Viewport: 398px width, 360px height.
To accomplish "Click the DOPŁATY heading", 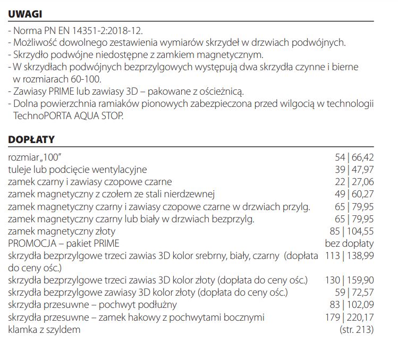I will point(31,139).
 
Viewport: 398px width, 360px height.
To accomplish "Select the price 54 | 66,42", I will point(353,157).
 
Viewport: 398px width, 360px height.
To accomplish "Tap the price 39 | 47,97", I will point(353,170).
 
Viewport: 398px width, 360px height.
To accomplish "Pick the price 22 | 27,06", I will point(353,182).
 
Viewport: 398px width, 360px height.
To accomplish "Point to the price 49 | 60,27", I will point(353,194).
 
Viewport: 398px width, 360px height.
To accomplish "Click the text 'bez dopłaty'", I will point(349,244).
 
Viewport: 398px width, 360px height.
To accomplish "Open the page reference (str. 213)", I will point(356,330).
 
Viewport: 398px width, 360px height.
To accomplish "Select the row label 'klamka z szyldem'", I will point(44,330).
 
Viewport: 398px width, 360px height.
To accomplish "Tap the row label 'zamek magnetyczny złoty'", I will point(62,231).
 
